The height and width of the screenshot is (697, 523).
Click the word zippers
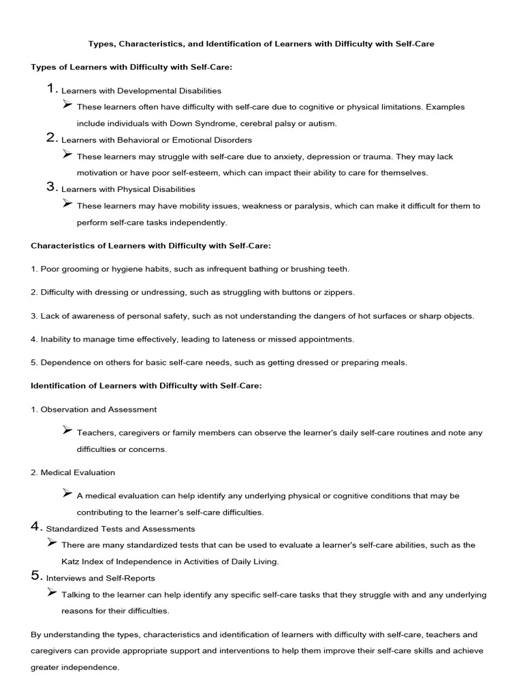click(x=338, y=292)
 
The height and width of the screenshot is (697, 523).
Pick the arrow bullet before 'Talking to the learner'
click(x=52, y=593)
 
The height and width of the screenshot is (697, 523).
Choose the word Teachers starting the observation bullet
click(x=96, y=433)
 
